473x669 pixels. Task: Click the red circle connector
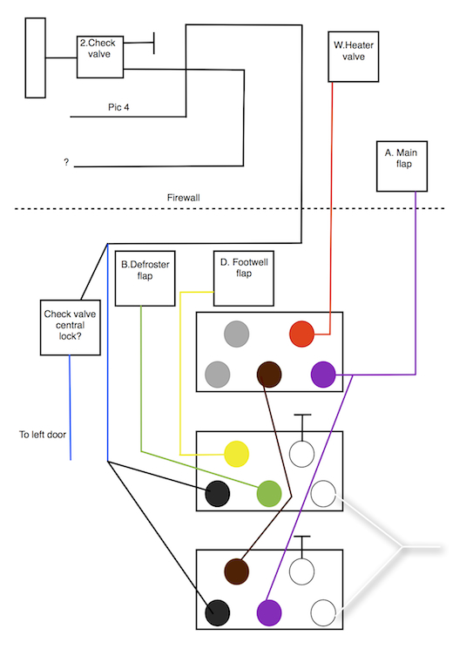click(301, 334)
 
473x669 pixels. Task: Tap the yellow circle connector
click(236, 454)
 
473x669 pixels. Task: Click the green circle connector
click(269, 494)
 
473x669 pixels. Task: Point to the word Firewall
click(184, 198)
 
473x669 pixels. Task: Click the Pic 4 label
click(118, 107)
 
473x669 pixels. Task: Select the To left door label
click(43, 435)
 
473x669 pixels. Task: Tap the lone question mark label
click(66, 162)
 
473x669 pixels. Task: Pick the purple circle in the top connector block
click(323, 375)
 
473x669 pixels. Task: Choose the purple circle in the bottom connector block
click(269, 612)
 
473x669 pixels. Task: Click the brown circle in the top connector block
click(269, 375)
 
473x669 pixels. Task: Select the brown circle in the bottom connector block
click(236, 571)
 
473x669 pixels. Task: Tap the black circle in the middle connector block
click(218, 494)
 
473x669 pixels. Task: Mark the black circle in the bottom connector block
click(218, 612)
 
